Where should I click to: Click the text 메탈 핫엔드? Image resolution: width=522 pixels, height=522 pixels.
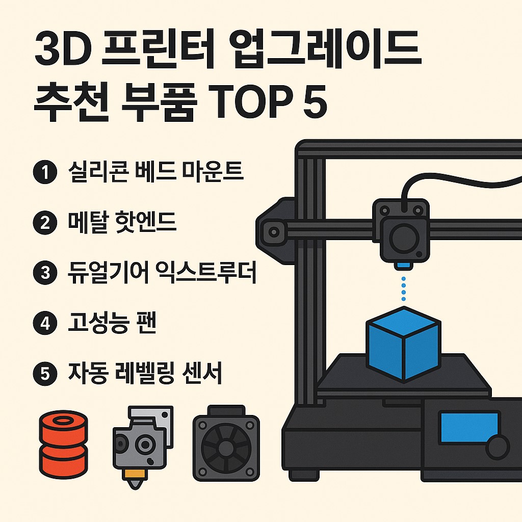[122, 223]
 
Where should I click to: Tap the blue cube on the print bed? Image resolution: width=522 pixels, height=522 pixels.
[403, 344]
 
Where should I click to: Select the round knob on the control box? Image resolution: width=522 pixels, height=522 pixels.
[497, 447]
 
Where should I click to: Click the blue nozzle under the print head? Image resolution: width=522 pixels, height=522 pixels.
[404, 266]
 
